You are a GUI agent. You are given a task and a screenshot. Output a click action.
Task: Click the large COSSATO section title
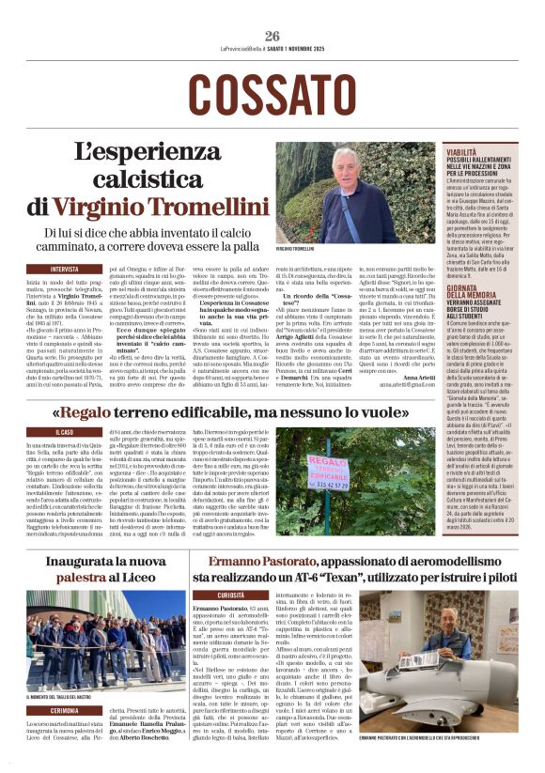point(272,93)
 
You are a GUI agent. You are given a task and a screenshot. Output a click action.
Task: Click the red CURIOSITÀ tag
point(230,595)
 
